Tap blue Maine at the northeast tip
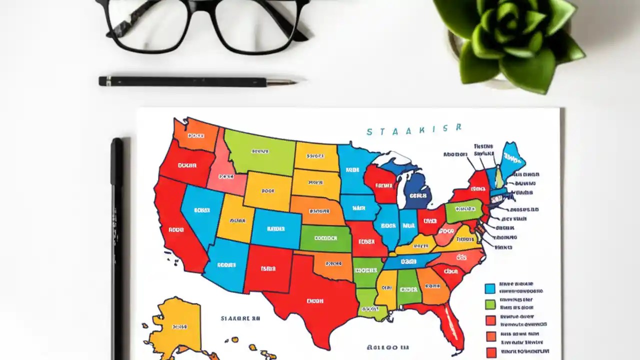(x=511, y=159)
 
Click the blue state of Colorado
(x=275, y=228)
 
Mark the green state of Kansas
(x=325, y=238)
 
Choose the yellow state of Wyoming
(x=268, y=190)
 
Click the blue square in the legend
(x=490, y=288)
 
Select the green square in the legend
(x=490, y=304)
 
